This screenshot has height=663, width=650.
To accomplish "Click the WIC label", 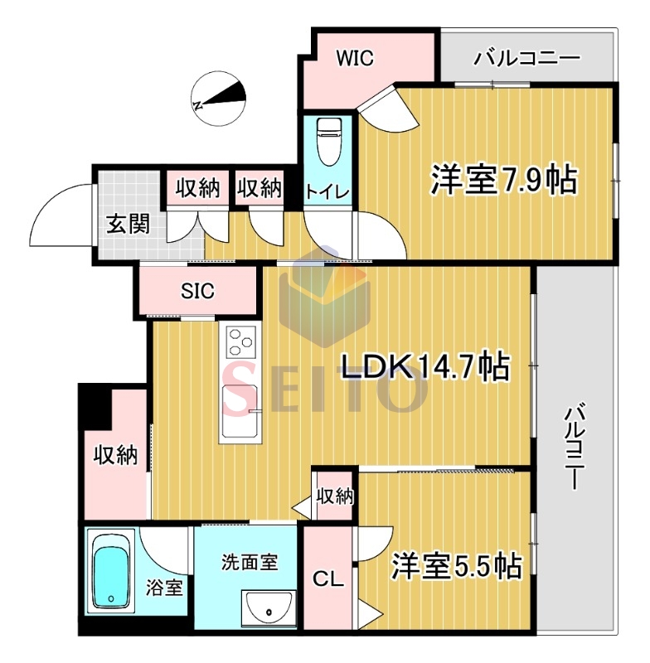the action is [355, 58].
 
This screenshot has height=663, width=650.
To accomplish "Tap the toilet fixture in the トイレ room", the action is [329, 142].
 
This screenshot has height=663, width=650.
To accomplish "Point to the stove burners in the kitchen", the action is [240, 341].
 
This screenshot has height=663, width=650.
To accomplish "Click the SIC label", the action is [197, 291].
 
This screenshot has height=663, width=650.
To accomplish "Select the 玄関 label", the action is [129, 224].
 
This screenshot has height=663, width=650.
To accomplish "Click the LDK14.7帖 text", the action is [425, 366].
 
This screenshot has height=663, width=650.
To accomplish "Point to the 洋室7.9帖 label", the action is [503, 180].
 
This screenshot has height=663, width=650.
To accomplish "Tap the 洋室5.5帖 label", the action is [456, 566].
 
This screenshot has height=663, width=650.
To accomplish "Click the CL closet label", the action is [328, 578].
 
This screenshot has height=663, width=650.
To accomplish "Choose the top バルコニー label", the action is [526, 58].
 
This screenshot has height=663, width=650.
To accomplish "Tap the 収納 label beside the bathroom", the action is [115, 455].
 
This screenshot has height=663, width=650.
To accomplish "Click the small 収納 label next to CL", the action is [335, 496].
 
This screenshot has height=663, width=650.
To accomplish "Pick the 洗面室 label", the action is [250, 563].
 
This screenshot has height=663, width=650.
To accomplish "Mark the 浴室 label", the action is [164, 588].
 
